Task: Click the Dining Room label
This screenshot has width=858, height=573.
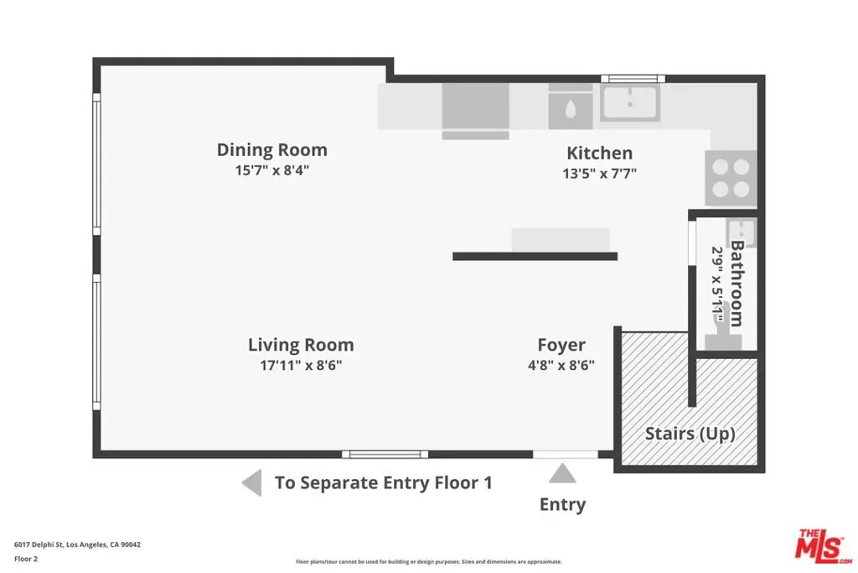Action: (x=272, y=149)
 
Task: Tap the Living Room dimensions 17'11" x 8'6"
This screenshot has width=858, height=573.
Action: (x=301, y=365)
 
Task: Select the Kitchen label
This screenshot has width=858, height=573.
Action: (x=600, y=153)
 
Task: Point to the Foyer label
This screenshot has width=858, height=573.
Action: (x=561, y=345)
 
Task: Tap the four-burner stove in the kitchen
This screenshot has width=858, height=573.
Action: (x=731, y=178)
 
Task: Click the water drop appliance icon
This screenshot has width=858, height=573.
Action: (x=570, y=109)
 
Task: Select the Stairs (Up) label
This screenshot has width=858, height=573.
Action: (x=690, y=434)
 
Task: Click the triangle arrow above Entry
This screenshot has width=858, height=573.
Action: (x=562, y=474)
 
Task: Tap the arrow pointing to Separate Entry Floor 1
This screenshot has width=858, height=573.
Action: (x=251, y=483)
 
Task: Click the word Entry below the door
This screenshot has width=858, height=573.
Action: (x=562, y=504)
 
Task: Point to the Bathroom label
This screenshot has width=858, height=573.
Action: (x=737, y=284)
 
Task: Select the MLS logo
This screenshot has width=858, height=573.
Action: (x=824, y=547)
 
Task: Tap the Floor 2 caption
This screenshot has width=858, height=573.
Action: (x=26, y=559)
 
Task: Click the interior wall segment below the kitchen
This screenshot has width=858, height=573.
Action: (x=535, y=257)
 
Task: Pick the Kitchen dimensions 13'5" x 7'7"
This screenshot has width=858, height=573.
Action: (x=600, y=174)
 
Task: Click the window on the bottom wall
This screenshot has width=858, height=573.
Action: (x=385, y=454)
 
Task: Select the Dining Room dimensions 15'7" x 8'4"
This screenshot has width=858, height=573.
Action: (x=272, y=169)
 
